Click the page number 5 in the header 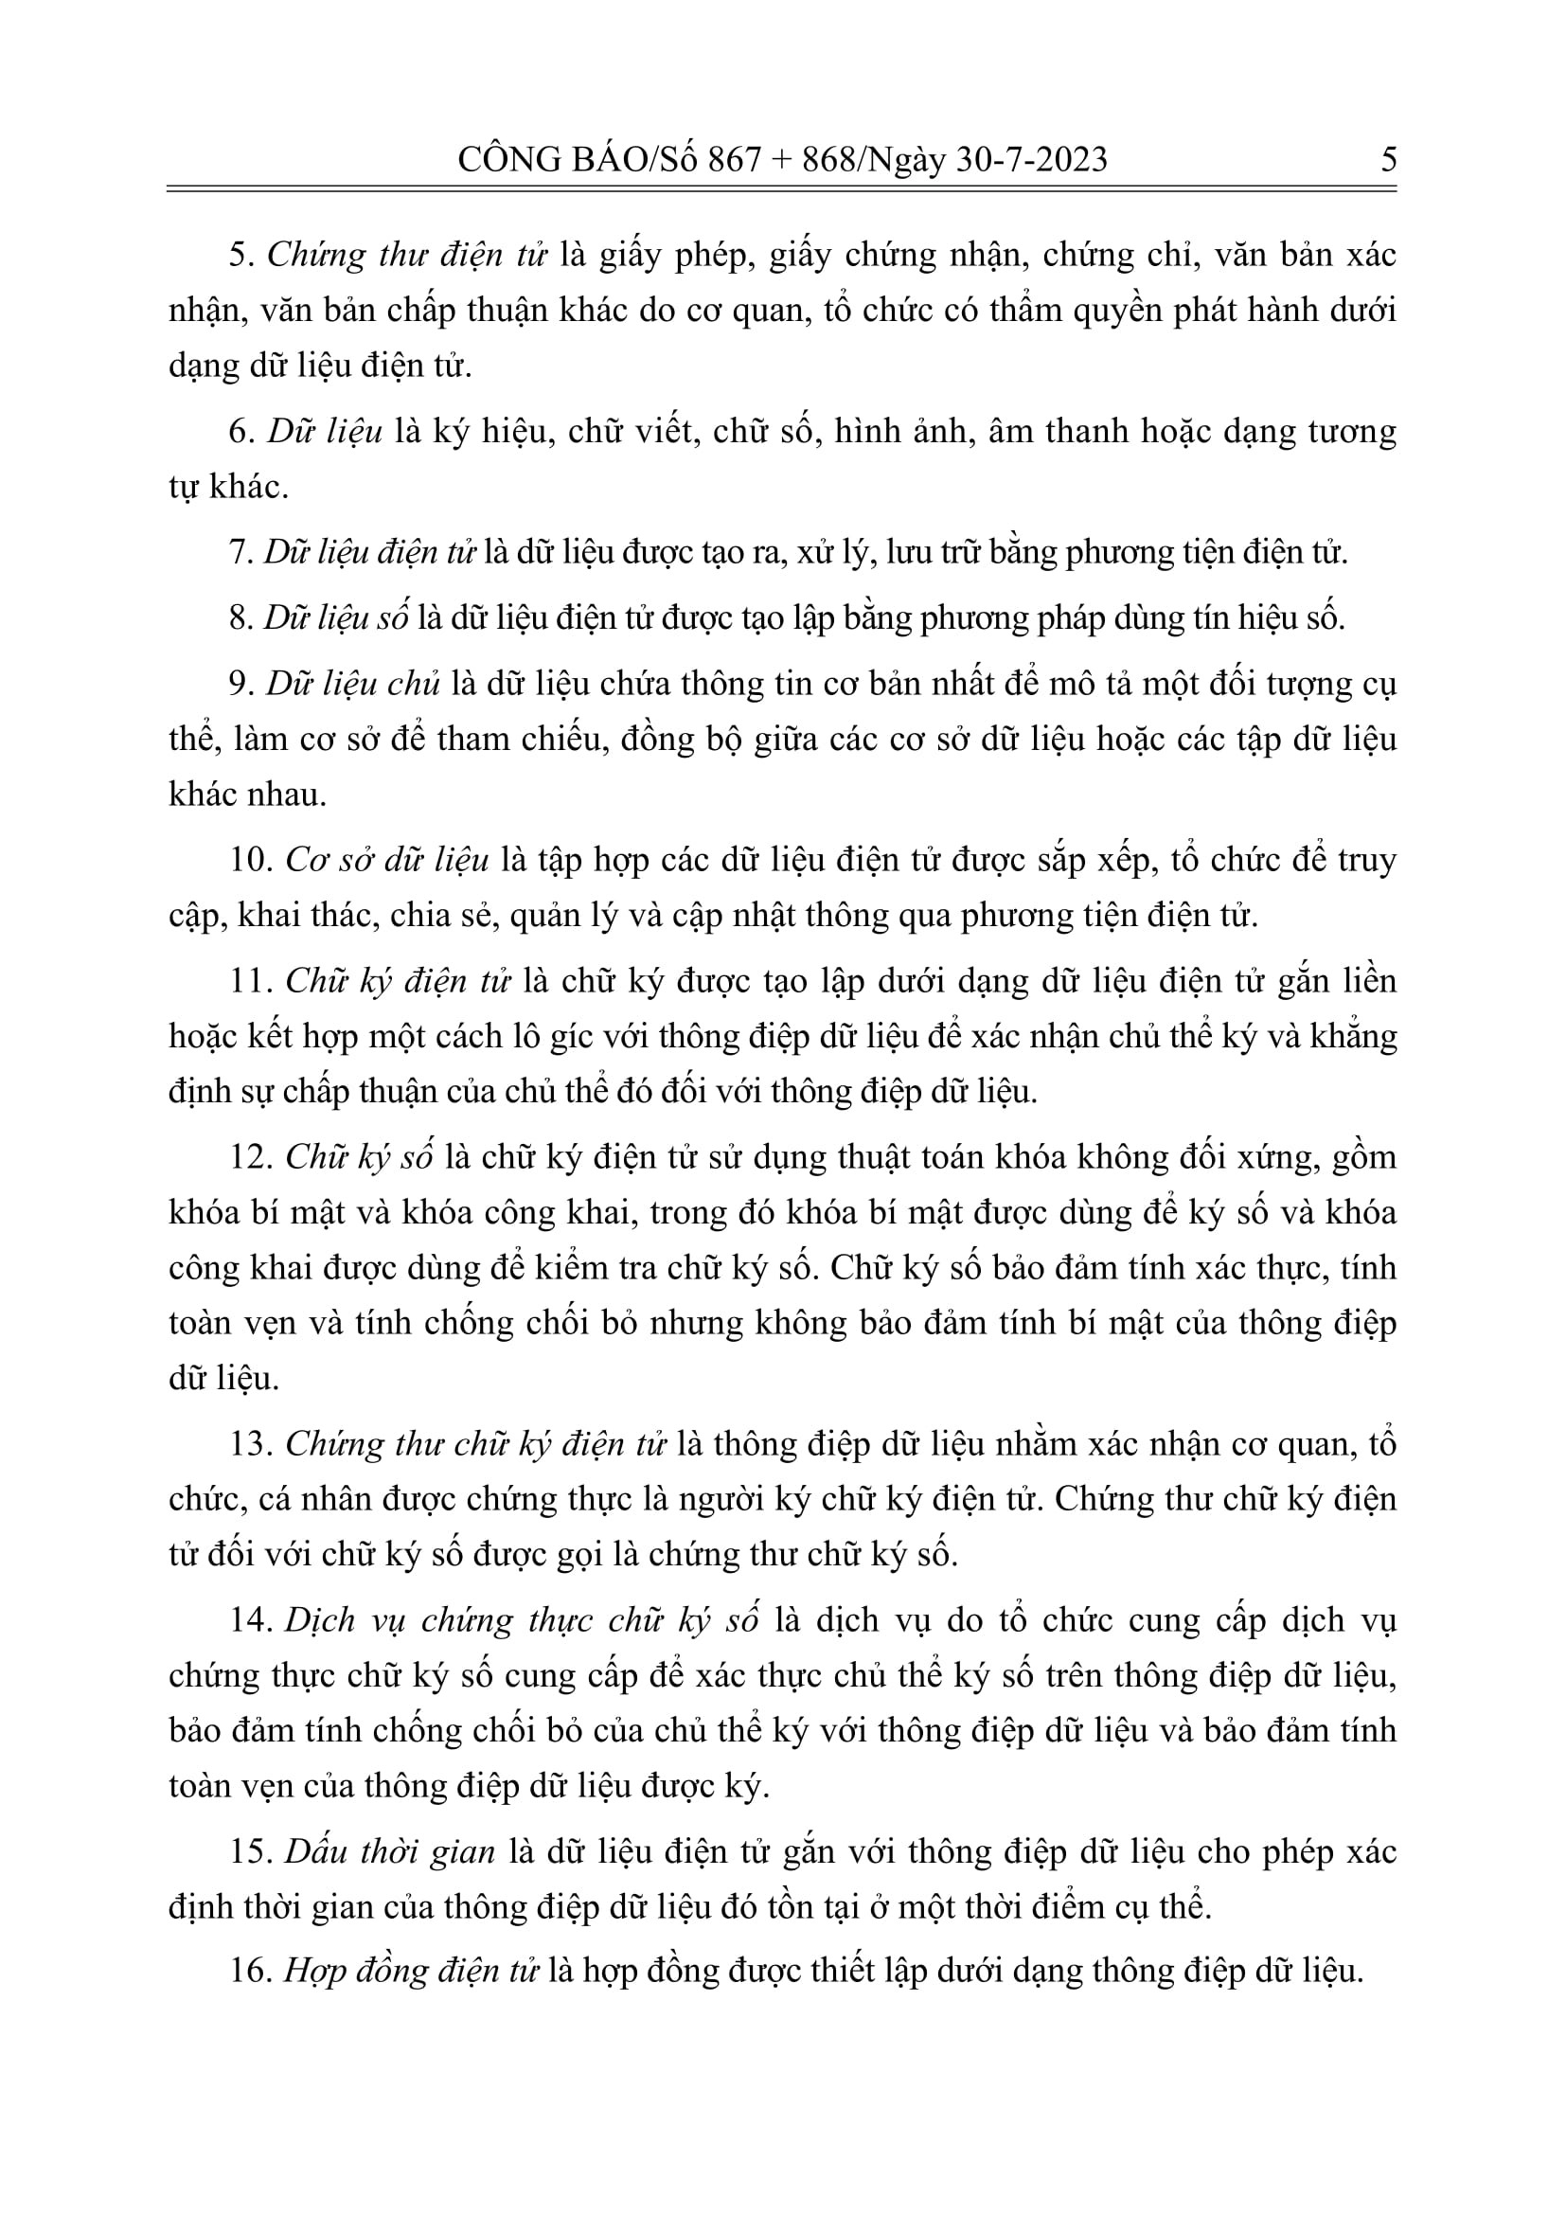coord(1388,159)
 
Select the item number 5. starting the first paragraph coord(242,256)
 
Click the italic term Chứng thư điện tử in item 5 coord(407,256)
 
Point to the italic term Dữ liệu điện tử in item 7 coord(370,553)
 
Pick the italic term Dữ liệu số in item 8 coord(336,617)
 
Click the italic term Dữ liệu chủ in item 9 coord(353,683)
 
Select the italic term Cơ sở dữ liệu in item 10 coord(387,860)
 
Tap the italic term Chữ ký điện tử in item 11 coord(398,981)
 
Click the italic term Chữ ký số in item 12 coord(359,1156)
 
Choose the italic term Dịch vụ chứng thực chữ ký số coord(522,1619)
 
